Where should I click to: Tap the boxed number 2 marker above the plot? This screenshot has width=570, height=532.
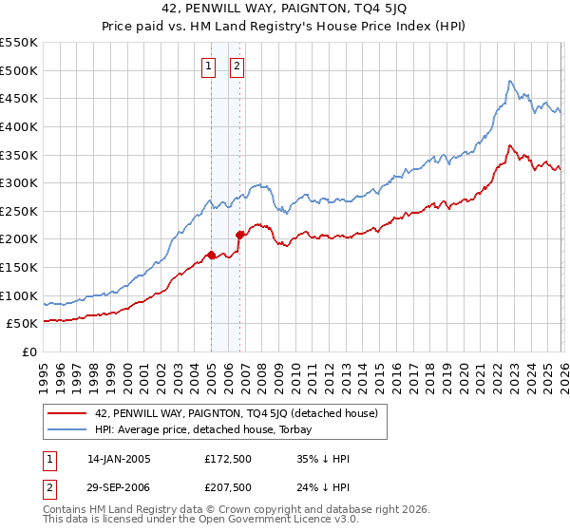236,66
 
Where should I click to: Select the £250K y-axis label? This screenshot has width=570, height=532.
20,211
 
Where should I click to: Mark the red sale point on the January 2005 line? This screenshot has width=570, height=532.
211,255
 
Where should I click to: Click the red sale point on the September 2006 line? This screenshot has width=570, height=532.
239,235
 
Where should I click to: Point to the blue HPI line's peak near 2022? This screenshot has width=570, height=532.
510,82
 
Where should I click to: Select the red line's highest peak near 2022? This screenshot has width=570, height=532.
511,145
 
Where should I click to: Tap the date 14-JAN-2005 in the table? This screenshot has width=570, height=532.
119,458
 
